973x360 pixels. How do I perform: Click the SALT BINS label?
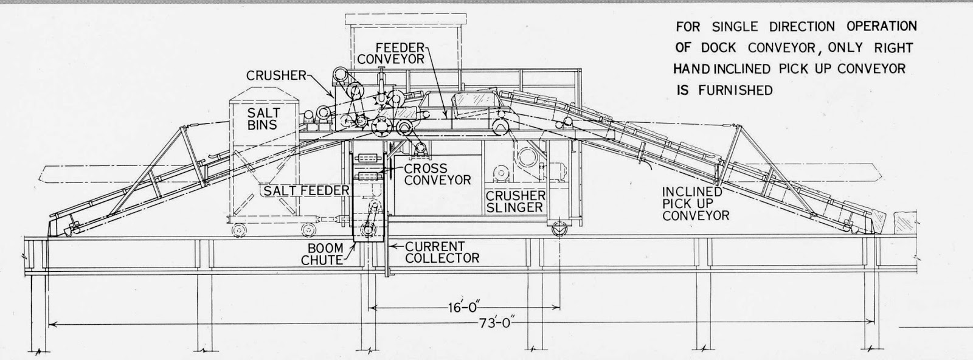pos(263,119)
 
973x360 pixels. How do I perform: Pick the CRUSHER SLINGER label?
pos(515,201)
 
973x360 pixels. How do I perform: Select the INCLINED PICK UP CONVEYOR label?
pos(696,203)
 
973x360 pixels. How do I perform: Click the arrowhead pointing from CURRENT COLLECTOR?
pos(392,247)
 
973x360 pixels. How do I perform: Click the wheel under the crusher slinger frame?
pos(558,229)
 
